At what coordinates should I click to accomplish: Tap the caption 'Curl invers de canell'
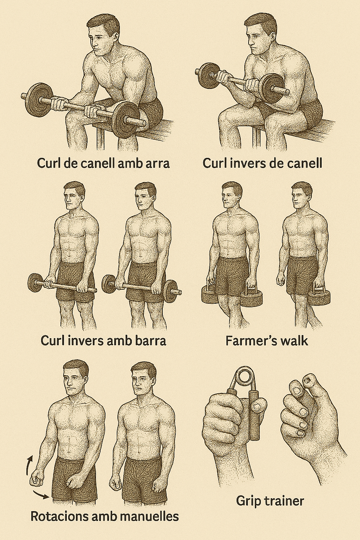click(262, 163)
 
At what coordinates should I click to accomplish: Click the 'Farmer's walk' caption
click(267, 341)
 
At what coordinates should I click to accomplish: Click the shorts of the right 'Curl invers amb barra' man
click(146, 282)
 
